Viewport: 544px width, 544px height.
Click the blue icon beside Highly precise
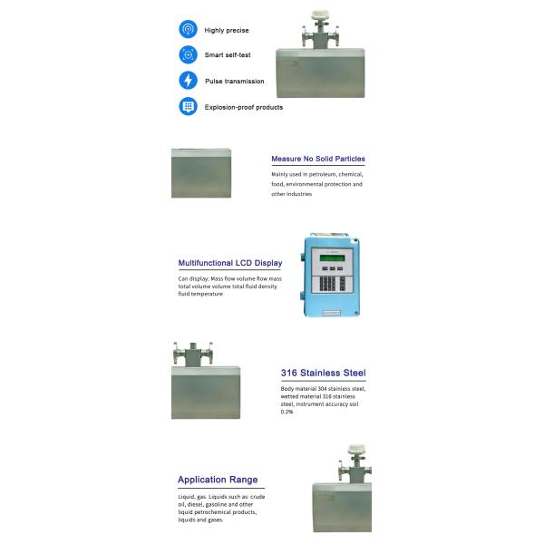(x=188, y=29)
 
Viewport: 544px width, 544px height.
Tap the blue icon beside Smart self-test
(x=188, y=54)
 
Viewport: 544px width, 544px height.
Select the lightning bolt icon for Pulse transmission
(x=188, y=81)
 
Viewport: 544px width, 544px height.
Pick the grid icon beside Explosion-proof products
(x=188, y=106)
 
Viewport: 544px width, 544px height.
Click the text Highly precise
(x=227, y=30)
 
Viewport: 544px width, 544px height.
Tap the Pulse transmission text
(x=234, y=81)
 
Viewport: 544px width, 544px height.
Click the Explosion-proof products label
(x=243, y=107)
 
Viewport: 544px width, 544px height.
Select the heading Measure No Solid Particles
(x=318, y=159)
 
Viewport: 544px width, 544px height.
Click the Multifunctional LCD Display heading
(x=229, y=263)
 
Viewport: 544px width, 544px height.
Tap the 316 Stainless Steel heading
(x=323, y=373)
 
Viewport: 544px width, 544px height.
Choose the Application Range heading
(x=218, y=480)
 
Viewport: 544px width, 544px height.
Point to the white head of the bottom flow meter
(x=355, y=449)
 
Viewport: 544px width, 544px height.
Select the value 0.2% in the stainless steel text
(x=288, y=412)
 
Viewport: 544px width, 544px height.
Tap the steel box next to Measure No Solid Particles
(x=201, y=173)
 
